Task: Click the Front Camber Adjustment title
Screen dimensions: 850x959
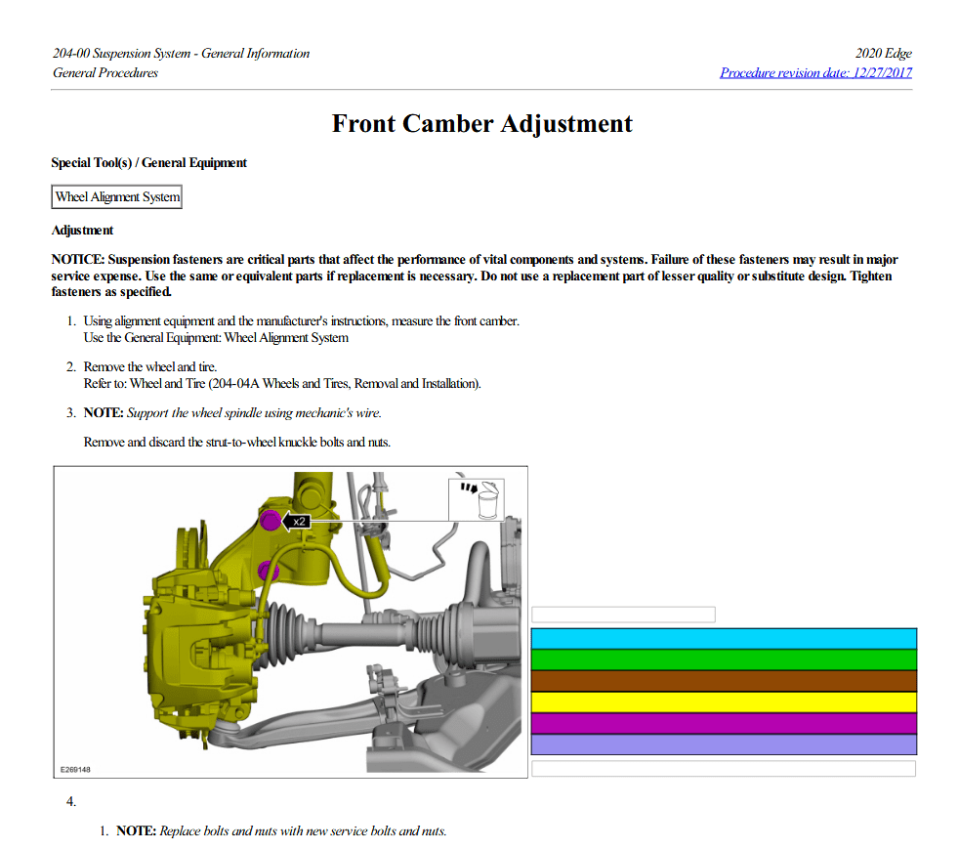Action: tap(481, 124)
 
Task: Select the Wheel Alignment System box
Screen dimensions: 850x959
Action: tap(117, 197)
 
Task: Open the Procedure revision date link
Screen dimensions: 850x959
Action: tap(815, 72)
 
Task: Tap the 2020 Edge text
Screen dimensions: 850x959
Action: tap(883, 54)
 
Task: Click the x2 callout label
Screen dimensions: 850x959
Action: tap(298, 522)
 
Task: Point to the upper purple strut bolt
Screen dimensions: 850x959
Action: tap(270, 520)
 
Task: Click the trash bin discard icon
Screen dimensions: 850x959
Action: tap(479, 500)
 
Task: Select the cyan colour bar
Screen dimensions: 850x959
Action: tap(724, 638)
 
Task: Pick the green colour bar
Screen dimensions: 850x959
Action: tap(724, 659)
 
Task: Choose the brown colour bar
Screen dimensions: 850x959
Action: tap(724, 681)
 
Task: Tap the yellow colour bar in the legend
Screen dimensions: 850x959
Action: tap(724, 702)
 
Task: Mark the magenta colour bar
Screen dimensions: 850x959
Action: tap(724, 723)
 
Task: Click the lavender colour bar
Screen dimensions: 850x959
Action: tap(724, 744)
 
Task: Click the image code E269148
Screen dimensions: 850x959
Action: tap(75, 770)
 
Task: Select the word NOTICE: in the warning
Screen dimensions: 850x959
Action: tap(77, 260)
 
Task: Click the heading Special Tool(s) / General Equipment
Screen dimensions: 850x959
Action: tap(148, 163)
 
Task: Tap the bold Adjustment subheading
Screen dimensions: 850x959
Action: tap(82, 231)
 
